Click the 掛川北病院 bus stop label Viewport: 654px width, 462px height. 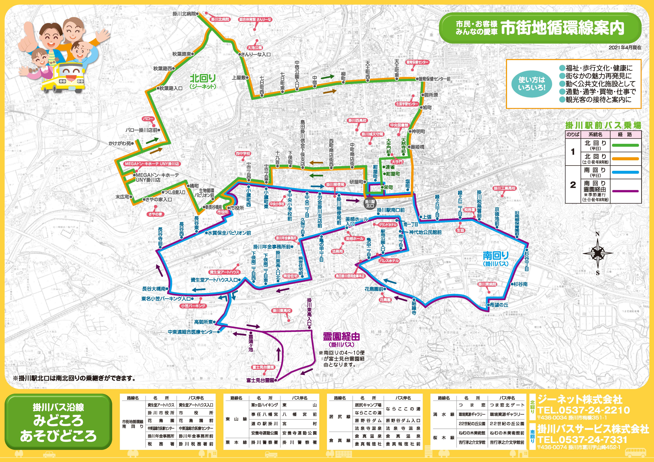click(184, 14)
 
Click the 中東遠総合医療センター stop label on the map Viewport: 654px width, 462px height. click(192, 332)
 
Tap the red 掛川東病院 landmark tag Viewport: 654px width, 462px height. click(487, 284)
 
